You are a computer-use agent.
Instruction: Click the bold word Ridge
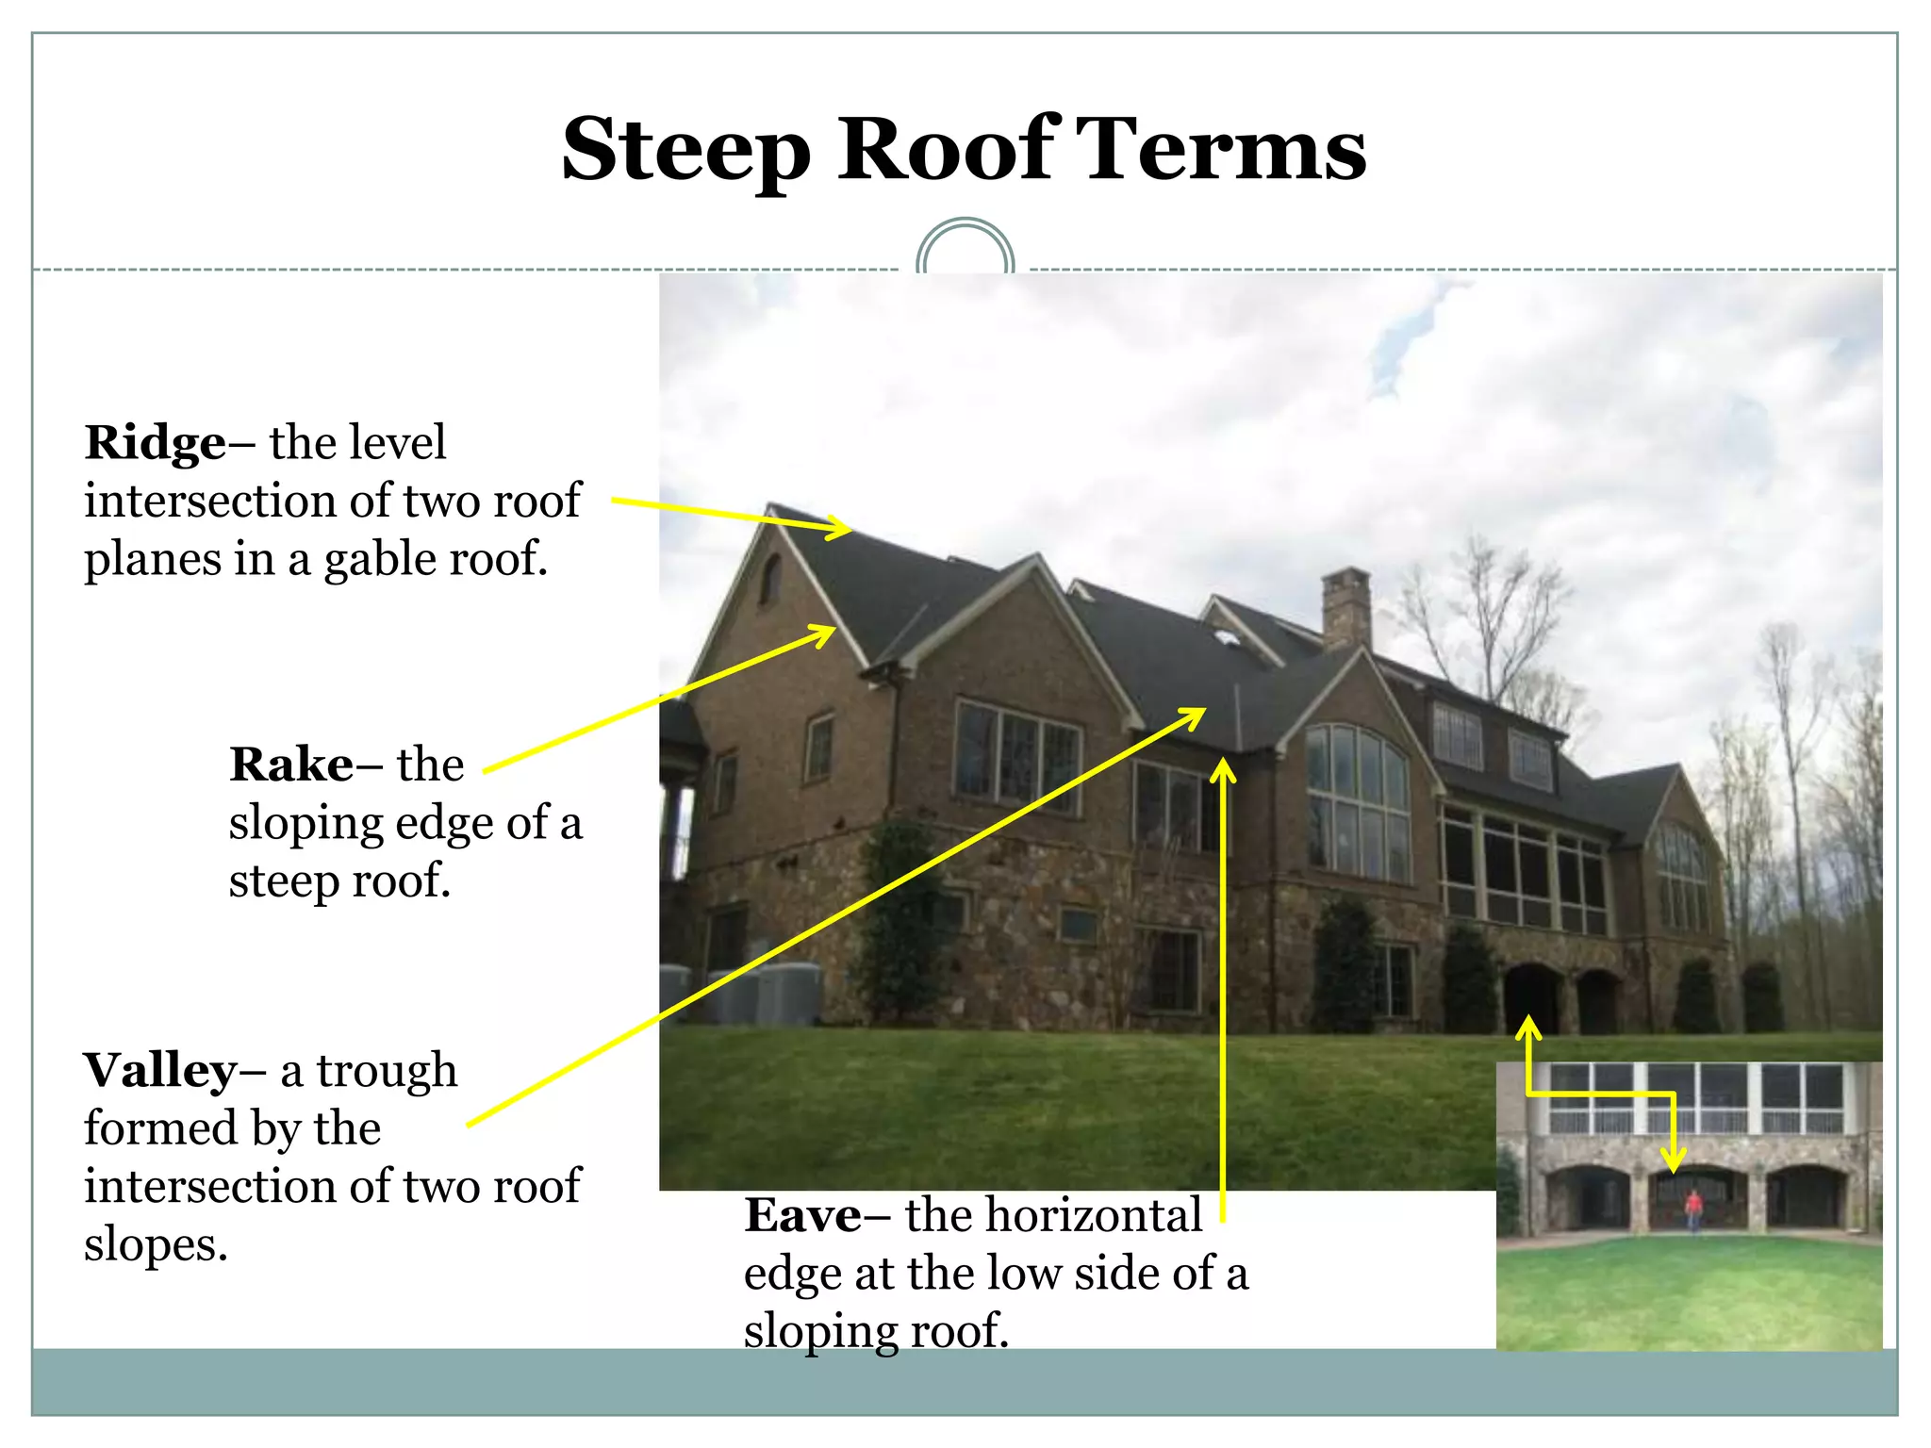tap(156, 443)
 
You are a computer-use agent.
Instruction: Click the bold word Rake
tap(292, 765)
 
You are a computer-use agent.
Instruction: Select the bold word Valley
tap(161, 1071)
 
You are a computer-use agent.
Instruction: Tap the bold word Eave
tap(802, 1215)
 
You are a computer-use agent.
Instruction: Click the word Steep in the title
tap(685, 150)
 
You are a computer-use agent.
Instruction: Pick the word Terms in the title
tap(1220, 150)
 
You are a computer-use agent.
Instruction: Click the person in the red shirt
tap(1693, 1209)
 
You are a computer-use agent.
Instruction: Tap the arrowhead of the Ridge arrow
tap(839, 527)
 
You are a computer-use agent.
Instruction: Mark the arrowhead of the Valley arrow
tap(1194, 717)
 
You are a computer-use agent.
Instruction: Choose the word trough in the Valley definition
tap(387, 1071)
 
